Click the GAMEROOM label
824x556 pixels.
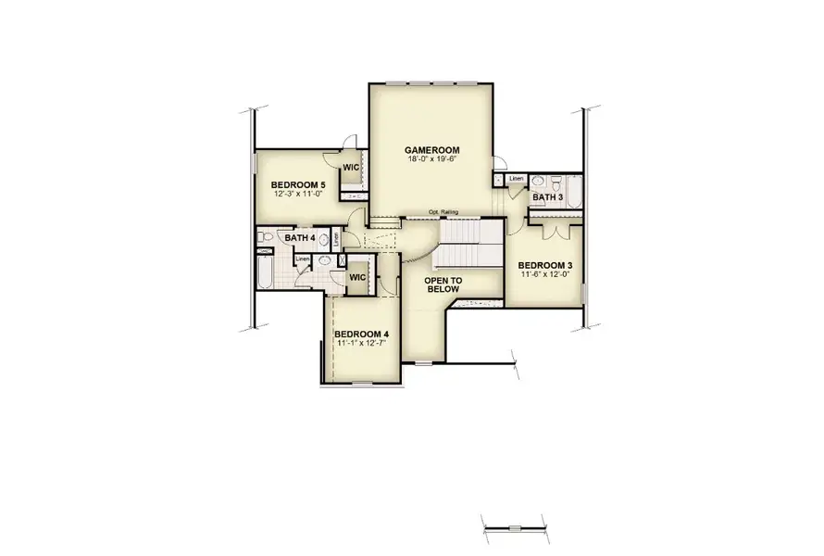(432, 150)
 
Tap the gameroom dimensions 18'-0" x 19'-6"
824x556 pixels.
(432, 159)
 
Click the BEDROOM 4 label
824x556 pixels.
(361, 335)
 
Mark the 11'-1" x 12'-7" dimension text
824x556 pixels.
(361, 344)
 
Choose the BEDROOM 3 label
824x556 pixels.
(544, 265)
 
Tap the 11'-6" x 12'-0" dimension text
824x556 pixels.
(544, 274)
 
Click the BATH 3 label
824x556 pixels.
(547, 197)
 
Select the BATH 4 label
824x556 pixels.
(300, 239)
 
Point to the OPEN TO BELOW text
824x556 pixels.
(443, 284)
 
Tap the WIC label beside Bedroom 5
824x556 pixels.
(351, 168)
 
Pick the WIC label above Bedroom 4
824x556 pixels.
(357, 277)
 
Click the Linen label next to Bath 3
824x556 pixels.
(516, 178)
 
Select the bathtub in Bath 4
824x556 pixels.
(265, 272)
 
